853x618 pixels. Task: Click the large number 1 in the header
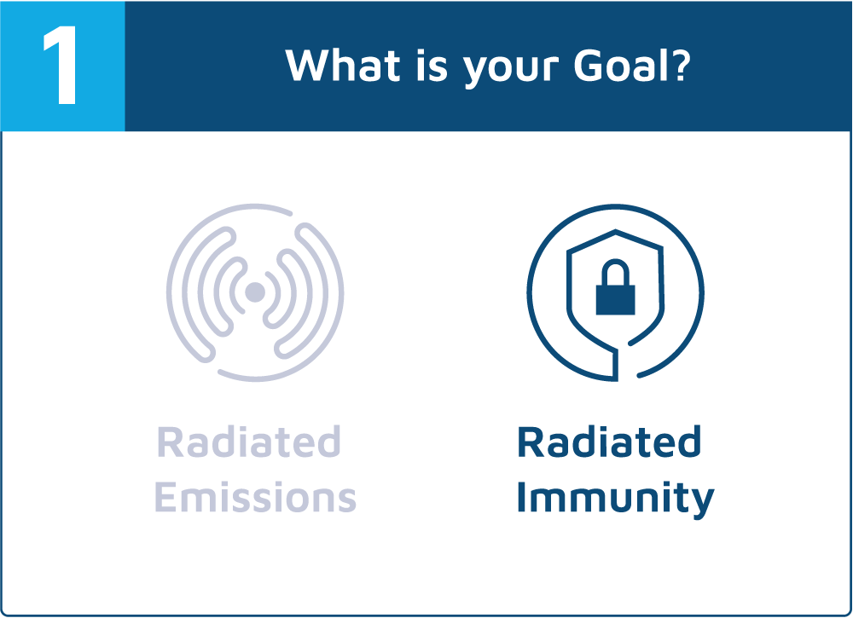pyautogui.click(x=61, y=65)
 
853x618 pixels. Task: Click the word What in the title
pyautogui.click(x=344, y=66)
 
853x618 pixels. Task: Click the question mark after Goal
pyautogui.click(x=680, y=66)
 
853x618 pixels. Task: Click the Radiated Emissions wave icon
pyautogui.click(x=255, y=293)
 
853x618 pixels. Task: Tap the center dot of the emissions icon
pyautogui.click(x=255, y=292)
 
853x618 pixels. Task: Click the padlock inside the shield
pyautogui.click(x=615, y=287)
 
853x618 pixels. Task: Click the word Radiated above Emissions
pyautogui.click(x=248, y=442)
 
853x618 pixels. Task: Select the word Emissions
pyautogui.click(x=255, y=497)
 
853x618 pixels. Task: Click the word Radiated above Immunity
pyautogui.click(x=609, y=442)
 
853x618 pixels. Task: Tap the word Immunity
pyautogui.click(x=615, y=499)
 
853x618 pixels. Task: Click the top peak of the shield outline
pyautogui.click(x=615, y=231)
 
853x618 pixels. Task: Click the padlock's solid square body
pyautogui.click(x=615, y=301)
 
